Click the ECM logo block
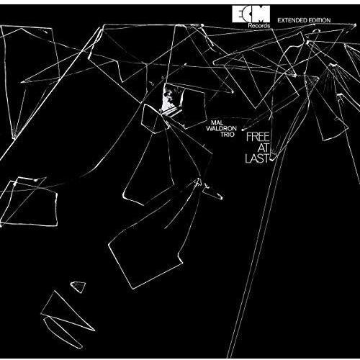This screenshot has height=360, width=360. click(x=251, y=14)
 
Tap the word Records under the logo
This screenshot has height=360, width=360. click(x=259, y=25)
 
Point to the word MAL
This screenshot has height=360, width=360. click(x=217, y=123)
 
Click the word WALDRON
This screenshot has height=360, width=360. click(x=221, y=129)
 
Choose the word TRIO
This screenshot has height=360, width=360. click(x=228, y=135)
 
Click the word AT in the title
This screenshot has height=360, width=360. click(x=263, y=148)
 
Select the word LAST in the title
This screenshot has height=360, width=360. click(x=257, y=158)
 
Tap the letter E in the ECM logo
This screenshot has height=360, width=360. click(x=238, y=14)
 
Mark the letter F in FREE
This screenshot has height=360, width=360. click(x=249, y=138)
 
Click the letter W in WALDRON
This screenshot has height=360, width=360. click(x=210, y=129)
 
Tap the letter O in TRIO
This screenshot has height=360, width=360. click(x=231, y=135)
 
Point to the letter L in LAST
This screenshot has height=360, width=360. click(x=248, y=158)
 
